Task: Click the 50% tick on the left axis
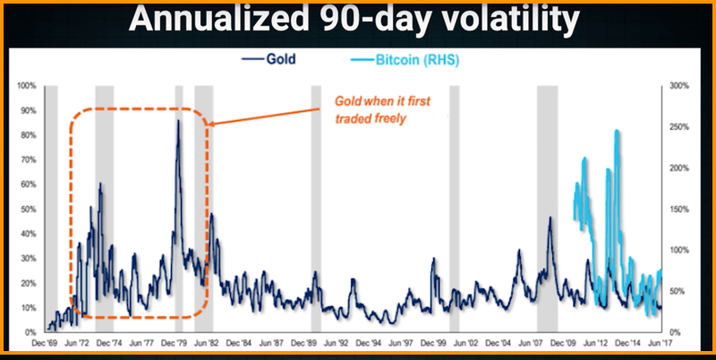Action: (x=27, y=210)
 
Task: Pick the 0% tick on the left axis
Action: (x=30, y=332)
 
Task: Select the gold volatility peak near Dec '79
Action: (x=177, y=122)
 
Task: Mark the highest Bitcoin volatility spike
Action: (x=617, y=133)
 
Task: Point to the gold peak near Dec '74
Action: (x=100, y=184)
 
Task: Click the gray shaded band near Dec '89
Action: (x=315, y=206)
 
